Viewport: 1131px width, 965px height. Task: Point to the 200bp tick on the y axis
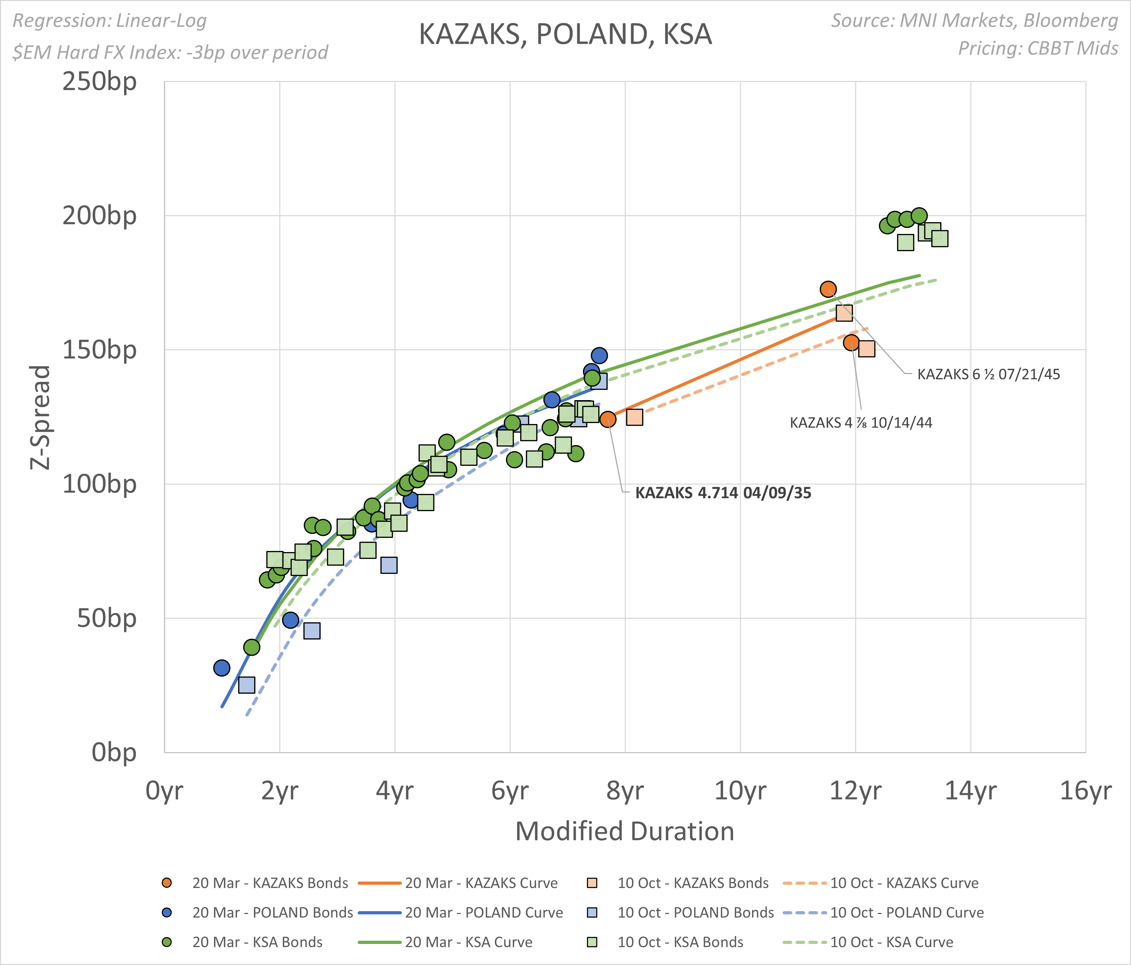(99, 216)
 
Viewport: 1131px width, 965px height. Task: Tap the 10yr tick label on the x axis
(740, 791)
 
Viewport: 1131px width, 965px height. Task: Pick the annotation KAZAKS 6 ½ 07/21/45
(988, 374)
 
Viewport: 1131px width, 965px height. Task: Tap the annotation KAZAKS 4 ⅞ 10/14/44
(861, 423)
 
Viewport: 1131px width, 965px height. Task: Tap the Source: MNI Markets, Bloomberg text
(974, 21)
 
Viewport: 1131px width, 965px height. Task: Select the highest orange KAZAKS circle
(828, 289)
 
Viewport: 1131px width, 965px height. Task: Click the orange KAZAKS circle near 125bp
(608, 419)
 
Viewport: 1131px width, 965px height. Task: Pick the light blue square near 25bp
(247, 685)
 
